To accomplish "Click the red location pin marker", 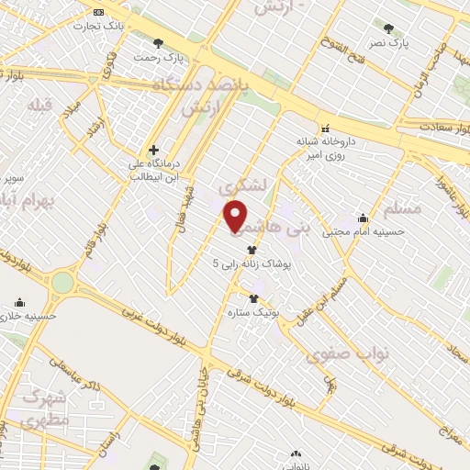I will [x=236, y=217].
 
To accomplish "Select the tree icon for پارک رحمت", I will [x=159, y=42].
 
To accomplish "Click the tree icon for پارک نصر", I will [x=388, y=28].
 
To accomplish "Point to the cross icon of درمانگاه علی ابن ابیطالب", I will [x=153, y=150].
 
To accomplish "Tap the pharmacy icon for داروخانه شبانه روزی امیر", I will [x=323, y=128].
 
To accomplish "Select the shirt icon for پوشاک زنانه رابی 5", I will [x=252, y=249].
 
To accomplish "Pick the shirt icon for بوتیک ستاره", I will [x=254, y=297].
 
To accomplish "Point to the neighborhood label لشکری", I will [x=245, y=185].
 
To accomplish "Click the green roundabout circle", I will [x=62, y=282].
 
